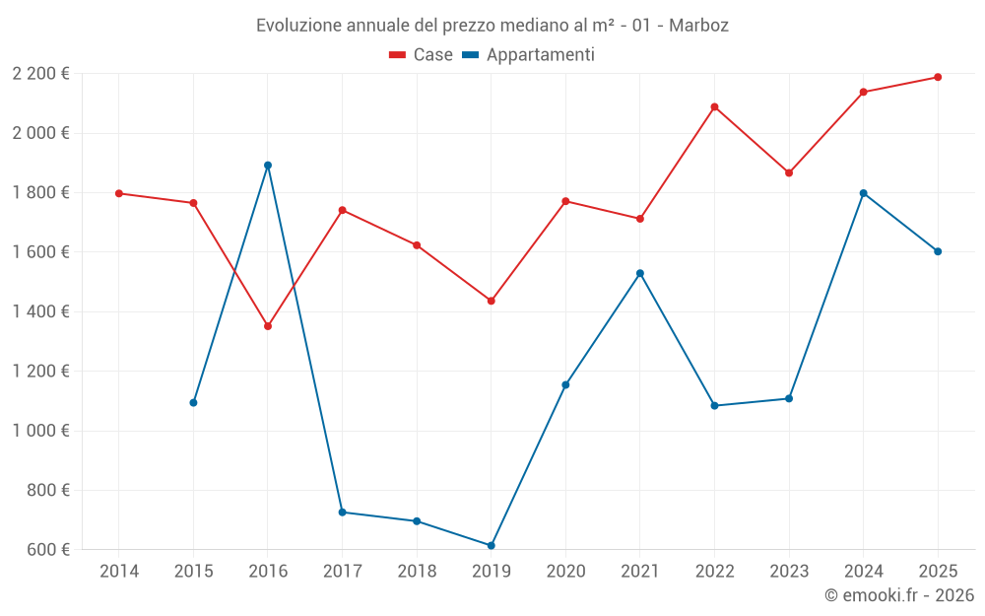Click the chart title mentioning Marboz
(492, 25)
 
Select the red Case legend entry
(421, 55)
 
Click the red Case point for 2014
(119, 193)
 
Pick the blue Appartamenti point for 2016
(268, 166)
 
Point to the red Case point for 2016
(268, 326)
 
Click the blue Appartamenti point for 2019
(492, 545)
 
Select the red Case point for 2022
(715, 106)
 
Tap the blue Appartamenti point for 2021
(640, 273)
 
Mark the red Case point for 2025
(938, 77)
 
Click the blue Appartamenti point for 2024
(864, 193)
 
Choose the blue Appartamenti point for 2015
(193, 402)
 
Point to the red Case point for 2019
(492, 301)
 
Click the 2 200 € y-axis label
(40, 73)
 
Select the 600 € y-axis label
(47, 549)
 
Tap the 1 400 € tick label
(40, 311)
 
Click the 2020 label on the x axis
(565, 571)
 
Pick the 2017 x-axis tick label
(342, 571)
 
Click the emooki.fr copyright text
(899, 595)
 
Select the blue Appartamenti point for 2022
(715, 405)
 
